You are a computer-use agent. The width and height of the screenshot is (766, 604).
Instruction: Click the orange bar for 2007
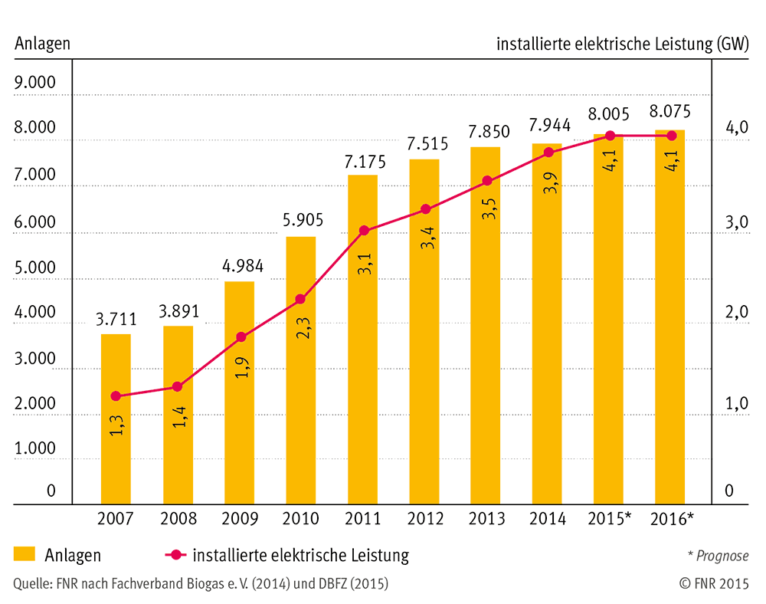pyautogui.click(x=116, y=419)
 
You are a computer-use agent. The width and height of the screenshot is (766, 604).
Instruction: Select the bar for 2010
pyautogui.click(x=301, y=370)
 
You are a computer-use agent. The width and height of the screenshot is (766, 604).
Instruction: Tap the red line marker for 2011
pyautogui.click(x=364, y=230)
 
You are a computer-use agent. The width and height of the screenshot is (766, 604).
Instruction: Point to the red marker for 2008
pyautogui.click(x=178, y=386)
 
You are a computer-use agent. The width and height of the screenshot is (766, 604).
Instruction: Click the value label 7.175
pyautogui.click(x=365, y=162)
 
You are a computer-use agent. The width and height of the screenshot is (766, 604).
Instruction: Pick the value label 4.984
pyautogui.click(x=243, y=266)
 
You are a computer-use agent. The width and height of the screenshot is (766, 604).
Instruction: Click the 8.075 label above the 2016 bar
pyautogui.click(x=669, y=111)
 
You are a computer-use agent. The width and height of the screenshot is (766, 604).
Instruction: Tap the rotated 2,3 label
pyautogui.click(x=303, y=328)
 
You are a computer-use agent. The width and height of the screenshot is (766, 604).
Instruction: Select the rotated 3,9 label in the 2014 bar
pyautogui.click(x=550, y=182)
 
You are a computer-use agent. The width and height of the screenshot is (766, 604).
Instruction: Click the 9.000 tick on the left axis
pyautogui.click(x=34, y=82)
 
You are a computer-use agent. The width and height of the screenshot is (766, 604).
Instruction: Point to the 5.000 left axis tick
pyautogui.click(x=34, y=268)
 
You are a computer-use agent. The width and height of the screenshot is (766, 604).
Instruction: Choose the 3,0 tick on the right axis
pyautogui.click(x=737, y=222)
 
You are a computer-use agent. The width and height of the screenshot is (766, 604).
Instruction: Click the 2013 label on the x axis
pyautogui.click(x=486, y=518)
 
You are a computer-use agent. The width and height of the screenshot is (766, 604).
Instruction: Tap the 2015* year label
pyautogui.click(x=609, y=518)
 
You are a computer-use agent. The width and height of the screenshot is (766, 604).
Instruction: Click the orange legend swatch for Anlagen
pyautogui.click(x=25, y=553)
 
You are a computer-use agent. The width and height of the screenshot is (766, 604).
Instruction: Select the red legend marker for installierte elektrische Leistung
pyautogui.click(x=176, y=555)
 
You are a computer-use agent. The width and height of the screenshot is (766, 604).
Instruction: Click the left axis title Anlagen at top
pyautogui.click(x=42, y=44)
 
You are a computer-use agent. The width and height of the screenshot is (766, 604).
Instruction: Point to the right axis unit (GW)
pyautogui.click(x=733, y=44)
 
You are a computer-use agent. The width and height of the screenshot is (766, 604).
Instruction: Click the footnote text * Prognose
pyautogui.click(x=718, y=556)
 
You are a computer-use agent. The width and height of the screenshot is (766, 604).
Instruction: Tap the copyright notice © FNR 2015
pyautogui.click(x=714, y=583)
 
